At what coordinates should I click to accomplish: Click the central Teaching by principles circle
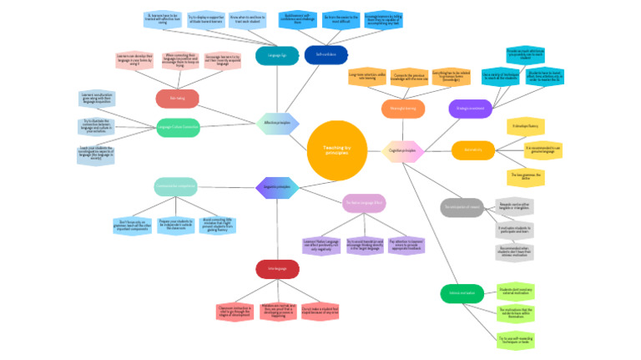[336, 150]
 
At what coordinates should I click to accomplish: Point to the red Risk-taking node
[177, 99]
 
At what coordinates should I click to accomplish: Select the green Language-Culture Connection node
[178, 127]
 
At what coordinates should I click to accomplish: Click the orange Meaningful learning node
[403, 109]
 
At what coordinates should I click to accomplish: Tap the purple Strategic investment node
[469, 108]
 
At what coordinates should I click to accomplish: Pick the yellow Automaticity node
[473, 150]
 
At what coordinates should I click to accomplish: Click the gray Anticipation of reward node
[461, 207]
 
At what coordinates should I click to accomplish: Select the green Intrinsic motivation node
[462, 293]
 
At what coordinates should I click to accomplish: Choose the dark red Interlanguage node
[278, 269]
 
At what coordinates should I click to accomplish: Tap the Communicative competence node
[175, 187]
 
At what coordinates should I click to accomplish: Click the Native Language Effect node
[364, 202]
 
